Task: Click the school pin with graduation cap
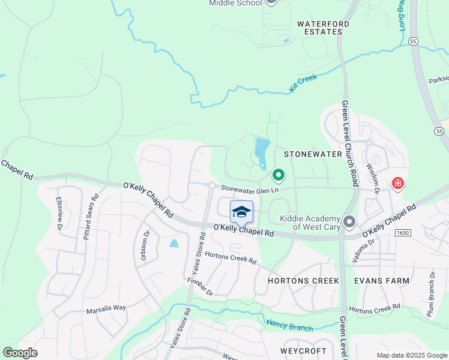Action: [x=241, y=212]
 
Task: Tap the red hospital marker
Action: [x=397, y=184]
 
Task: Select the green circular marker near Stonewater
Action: [x=279, y=175]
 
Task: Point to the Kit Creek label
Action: [x=303, y=83]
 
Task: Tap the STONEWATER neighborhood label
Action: [x=313, y=154]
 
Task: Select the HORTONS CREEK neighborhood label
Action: [x=303, y=281]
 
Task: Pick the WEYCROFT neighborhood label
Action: [x=303, y=350]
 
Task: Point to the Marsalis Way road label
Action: [x=106, y=308]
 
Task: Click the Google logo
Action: [x=20, y=353]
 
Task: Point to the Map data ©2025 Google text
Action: [x=411, y=355]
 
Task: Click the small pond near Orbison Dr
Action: [x=174, y=244]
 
